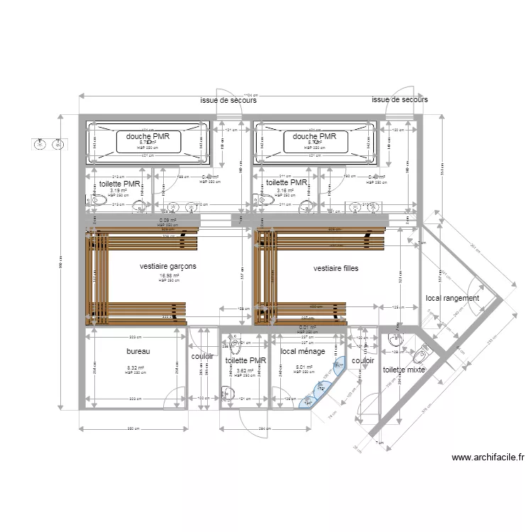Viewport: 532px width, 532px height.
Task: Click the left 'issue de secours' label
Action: [228, 101]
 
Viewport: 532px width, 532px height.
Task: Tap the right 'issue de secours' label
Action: [399, 101]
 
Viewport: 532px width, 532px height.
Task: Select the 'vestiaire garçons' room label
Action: [168, 267]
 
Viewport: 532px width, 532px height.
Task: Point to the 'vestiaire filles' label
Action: [336, 269]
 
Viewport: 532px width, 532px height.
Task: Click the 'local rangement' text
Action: [452, 299]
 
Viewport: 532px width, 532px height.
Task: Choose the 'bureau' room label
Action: [138, 351]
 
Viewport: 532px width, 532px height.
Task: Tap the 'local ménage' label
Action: [303, 351]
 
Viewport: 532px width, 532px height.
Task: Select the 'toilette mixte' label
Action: [404, 370]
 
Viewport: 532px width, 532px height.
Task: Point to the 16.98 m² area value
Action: [169, 277]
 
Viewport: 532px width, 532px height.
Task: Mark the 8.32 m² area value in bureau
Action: [135, 368]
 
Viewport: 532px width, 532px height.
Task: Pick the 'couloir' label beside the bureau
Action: [202, 356]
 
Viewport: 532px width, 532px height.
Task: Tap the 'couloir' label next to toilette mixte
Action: [362, 360]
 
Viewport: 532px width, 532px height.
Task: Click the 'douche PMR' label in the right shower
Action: [314, 136]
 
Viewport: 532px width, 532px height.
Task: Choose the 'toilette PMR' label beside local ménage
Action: [245, 360]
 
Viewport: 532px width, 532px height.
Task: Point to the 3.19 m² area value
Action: [118, 190]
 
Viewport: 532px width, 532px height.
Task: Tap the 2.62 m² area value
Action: [245, 370]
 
